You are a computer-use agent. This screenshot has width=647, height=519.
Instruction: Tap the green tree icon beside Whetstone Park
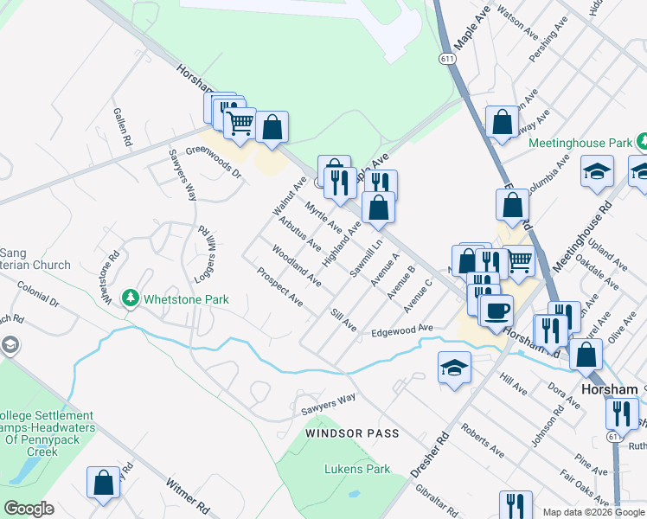point(131,298)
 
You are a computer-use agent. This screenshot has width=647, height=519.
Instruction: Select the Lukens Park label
point(357,470)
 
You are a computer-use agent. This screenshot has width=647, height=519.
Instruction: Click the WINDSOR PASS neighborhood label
point(353,432)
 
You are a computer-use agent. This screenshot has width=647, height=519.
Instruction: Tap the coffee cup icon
point(496,311)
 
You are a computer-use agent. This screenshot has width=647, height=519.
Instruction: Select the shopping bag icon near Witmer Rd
point(104,484)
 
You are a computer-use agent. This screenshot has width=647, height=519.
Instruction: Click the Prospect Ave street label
point(279,287)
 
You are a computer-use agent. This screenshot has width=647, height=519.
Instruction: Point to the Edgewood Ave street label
point(401,330)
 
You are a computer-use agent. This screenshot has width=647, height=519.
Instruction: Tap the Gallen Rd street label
point(122,126)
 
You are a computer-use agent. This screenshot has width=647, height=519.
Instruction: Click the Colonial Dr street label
point(37,298)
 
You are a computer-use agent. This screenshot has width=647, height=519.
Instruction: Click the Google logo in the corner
point(28,509)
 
